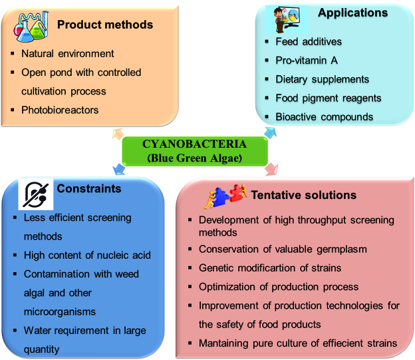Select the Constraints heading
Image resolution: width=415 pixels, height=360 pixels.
click(x=90, y=188)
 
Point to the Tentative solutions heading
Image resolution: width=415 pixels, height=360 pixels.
click(x=303, y=195)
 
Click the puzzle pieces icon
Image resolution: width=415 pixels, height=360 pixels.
click(x=227, y=196)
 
